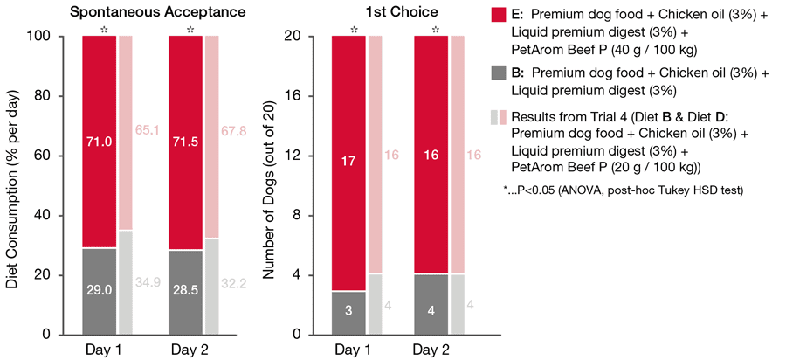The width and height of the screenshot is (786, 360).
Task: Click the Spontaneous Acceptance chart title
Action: click(x=145, y=12)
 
